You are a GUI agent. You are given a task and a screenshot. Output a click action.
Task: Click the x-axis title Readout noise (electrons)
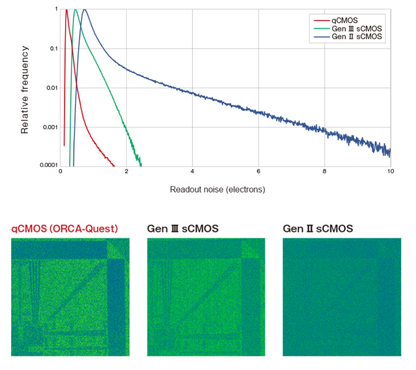(217, 190)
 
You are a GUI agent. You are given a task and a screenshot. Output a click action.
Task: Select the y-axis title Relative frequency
(25, 90)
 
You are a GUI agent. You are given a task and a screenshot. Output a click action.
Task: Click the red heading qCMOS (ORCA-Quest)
(65, 229)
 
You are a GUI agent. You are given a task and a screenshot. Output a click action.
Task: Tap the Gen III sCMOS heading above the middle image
(182, 229)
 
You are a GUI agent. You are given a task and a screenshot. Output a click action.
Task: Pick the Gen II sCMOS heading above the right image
(318, 229)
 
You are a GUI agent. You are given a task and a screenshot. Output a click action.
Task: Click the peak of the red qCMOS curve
(67, 10)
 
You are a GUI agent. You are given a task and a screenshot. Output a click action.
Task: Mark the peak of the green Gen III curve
(75, 10)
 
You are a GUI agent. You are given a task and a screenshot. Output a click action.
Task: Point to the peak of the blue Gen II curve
(85, 10)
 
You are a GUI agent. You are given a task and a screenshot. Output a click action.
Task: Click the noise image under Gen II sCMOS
(342, 297)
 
